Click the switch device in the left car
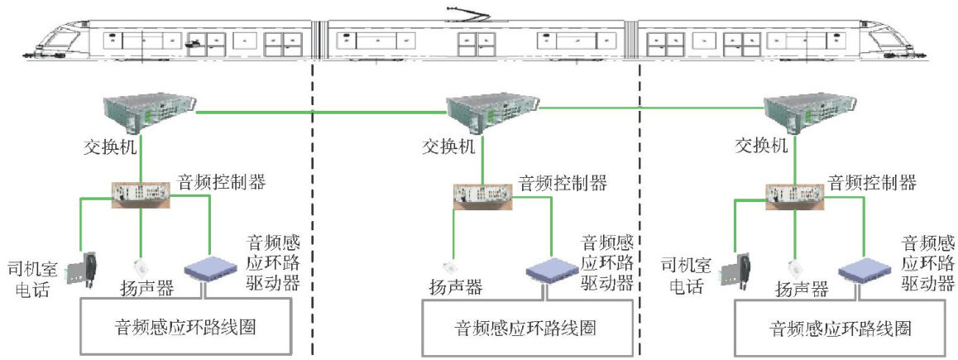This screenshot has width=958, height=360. coord(149,111)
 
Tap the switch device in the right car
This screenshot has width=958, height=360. coord(798,111)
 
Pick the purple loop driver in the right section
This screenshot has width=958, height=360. coord(865,270)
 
